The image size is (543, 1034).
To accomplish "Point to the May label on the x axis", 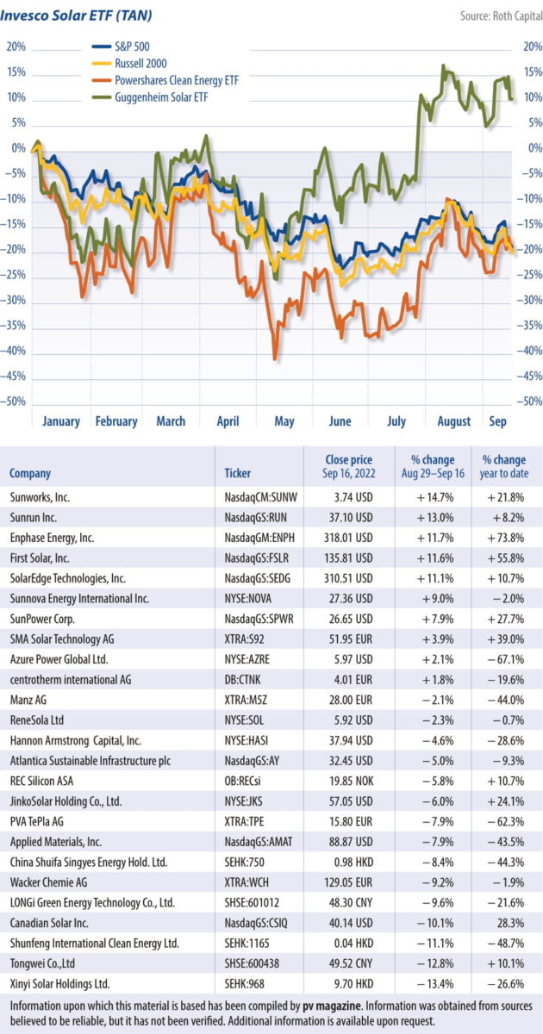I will click(x=284, y=421).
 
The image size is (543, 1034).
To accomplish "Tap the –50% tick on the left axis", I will click(x=16, y=402).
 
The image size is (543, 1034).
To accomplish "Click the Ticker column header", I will click(x=238, y=473).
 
